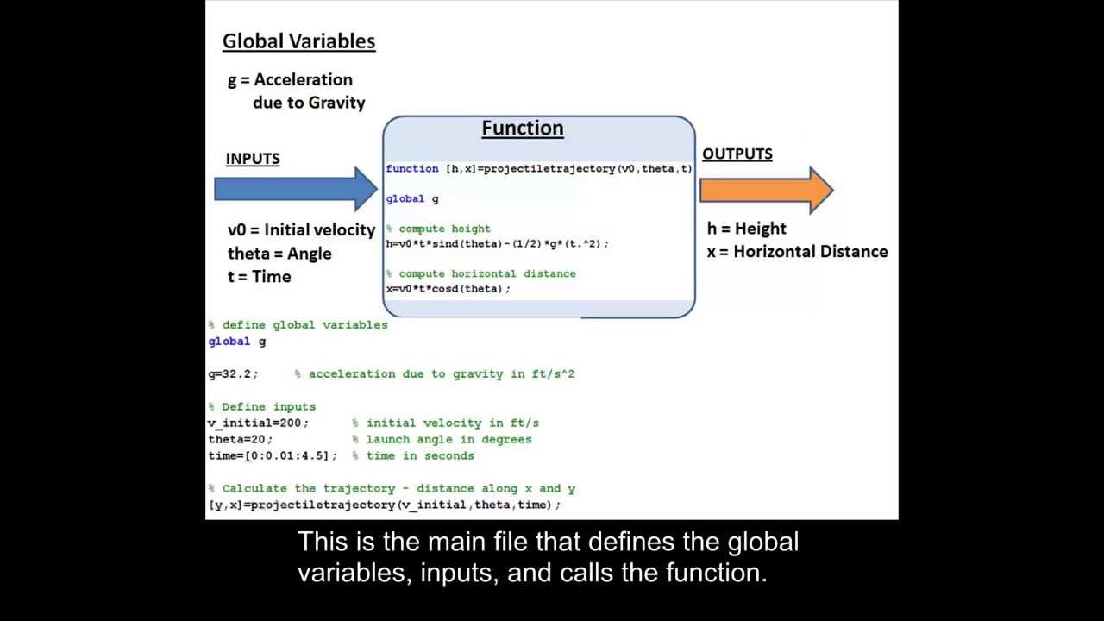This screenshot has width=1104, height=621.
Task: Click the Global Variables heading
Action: [x=298, y=41]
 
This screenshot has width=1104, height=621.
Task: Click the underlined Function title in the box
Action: [x=522, y=129]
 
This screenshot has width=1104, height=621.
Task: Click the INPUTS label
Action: [x=253, y=159]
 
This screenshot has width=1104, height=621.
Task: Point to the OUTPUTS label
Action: [x=737, y=154]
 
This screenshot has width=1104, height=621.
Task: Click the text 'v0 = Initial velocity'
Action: [x=301, y=230]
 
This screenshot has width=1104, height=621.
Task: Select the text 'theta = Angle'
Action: [x=279, y=254]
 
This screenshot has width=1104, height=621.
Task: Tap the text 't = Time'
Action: [x=259, y=277]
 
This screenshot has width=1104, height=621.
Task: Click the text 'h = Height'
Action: [x=746, y=229]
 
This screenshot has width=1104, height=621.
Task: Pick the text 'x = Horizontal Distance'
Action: [x=797, y=252]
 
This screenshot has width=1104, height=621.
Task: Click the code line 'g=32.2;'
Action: [x=233, y=374]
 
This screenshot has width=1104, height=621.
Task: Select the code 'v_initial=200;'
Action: [x=258, y=423]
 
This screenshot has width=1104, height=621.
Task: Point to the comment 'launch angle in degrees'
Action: [x=448, y=440]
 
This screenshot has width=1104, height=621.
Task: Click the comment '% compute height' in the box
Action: [x=438, y=229]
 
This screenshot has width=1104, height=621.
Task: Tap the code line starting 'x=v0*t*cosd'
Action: [x=448, y=289]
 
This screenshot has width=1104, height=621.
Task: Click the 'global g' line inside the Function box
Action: [x=412, y=199]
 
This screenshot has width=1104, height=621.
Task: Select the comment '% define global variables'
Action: [x=298, y=325]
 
